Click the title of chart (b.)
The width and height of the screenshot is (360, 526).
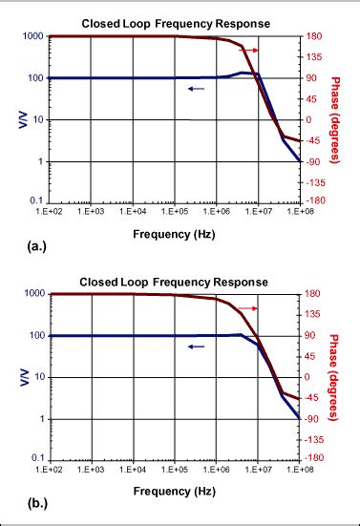[x=175, y=282]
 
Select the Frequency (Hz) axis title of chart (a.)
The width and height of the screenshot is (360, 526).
[x=175, y=232]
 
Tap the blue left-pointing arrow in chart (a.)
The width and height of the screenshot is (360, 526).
[x=196, y=89]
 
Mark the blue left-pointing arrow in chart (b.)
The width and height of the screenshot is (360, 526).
[x=196, y=347]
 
